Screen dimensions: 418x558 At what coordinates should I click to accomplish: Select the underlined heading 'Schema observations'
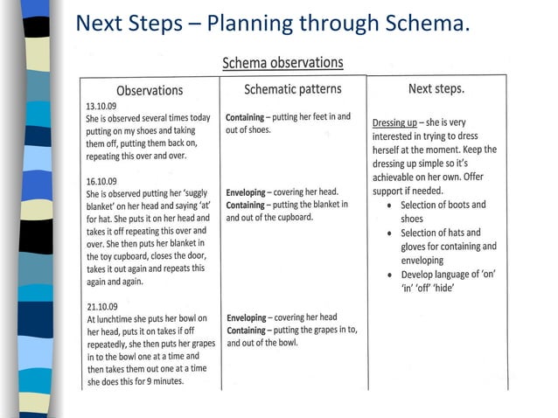[x=282, y=63]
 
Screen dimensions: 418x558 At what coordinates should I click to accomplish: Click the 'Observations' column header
[x=150, y=90]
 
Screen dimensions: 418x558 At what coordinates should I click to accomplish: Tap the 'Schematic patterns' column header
[x=292, y=89]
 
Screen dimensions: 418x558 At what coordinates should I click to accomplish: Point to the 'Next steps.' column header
[x=436, y=89]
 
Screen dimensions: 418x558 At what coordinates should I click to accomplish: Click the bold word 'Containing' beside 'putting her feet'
[x=251, y=116]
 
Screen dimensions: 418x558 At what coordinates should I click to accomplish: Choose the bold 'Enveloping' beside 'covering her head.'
[x=252, y=192]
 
